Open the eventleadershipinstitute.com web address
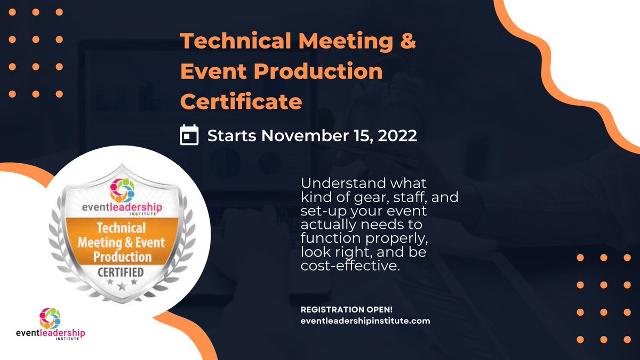(x=365, y=321)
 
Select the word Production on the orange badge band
(x=122, y=257)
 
